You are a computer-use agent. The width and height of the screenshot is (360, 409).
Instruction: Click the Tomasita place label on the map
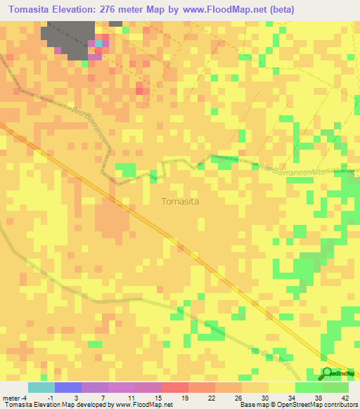pyautogui.click(x=180, y=201)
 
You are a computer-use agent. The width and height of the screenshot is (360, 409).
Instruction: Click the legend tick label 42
pyautogui.click(x=345, y=398)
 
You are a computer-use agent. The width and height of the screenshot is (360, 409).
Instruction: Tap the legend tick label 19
pyautogui.click(x=184, y=398)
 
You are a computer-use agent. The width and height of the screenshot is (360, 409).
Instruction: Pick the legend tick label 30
pyautogui.click(x=264, y=398)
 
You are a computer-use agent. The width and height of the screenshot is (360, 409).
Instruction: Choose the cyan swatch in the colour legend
pyautogui.click(x=41, y=387)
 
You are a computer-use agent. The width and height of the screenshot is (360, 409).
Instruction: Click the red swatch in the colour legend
pyautogui.click(x=175, y=387)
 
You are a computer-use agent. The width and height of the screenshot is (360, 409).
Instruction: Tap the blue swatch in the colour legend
pyautogui.click(x=68, y=387)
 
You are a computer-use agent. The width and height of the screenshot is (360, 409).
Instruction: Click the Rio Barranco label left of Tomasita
pyautogui.click(x=91, y=127)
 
